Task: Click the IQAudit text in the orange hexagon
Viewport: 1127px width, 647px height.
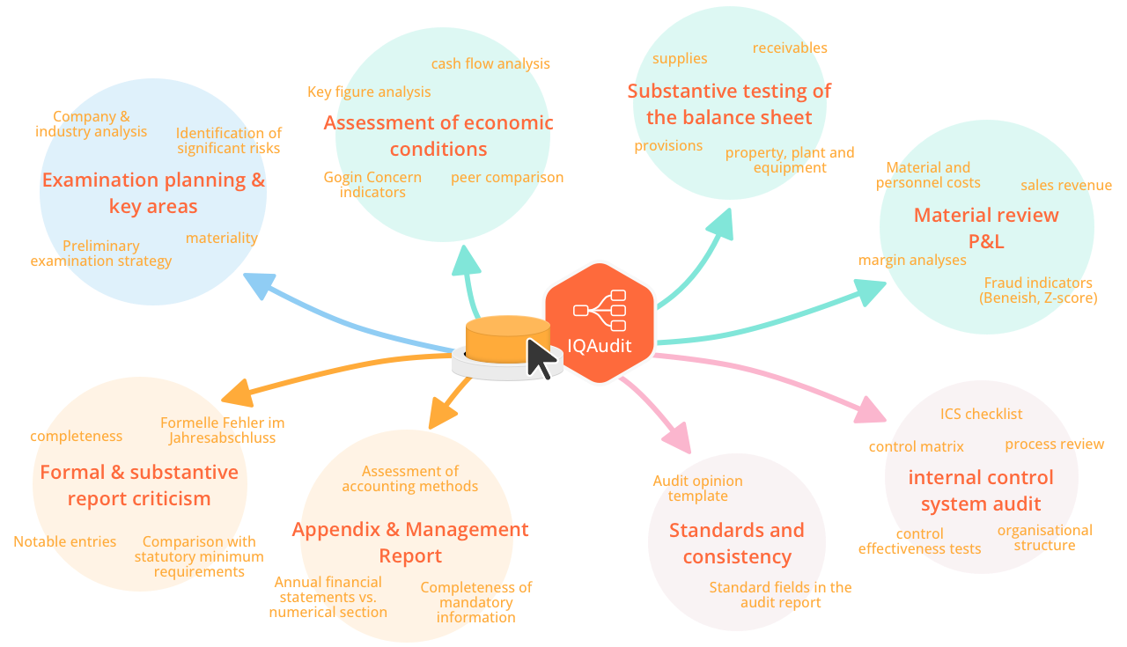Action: coord(599,346)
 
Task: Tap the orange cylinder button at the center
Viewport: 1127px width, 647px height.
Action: coord(496,340)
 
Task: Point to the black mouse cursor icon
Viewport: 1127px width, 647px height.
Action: coord(541,359)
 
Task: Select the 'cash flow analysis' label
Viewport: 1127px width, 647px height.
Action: coord(490,63)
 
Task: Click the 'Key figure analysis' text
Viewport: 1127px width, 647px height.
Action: coord(369,92)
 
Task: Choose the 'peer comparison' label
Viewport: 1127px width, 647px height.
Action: coord(507,177)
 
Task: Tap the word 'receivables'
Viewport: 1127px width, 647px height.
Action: coord(790,48)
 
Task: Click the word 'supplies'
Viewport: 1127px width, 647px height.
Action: coord(680,58)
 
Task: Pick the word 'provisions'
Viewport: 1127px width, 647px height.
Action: coord(668,145)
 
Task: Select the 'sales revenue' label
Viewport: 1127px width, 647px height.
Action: coord(1066,185)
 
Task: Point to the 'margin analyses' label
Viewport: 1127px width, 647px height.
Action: coord(912,260)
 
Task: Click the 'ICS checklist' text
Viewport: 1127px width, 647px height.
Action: coord(981,414)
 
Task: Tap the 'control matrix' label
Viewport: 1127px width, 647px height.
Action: coord(916,446)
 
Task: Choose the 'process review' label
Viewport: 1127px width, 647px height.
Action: coord(1054,444)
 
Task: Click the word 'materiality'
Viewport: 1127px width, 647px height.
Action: coord(221,238)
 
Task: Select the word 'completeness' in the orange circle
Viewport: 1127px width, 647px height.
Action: coord(77,436)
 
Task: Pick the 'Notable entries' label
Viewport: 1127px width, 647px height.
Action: coord(64,541)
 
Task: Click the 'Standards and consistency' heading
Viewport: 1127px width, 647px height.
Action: coord(736,543)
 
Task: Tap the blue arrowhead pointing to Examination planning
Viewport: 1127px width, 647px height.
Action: coord(258,284)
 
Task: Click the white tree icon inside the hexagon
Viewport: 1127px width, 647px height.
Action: coord(600,310)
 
